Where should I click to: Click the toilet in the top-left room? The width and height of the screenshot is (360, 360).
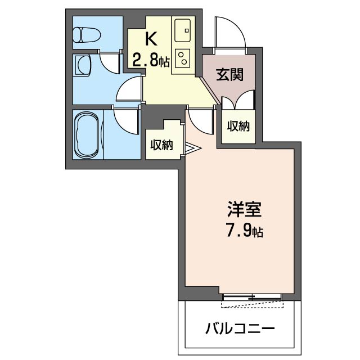87,34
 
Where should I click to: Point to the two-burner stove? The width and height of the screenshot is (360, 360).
183,58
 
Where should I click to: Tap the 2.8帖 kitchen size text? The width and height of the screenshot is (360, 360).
151,59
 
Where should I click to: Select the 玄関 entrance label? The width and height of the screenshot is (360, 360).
230,74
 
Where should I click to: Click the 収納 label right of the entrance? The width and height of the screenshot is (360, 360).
238,126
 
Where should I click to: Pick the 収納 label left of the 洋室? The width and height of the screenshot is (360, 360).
161,145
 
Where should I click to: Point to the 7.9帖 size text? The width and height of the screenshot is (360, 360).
243,231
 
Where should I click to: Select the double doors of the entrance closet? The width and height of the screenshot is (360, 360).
236,103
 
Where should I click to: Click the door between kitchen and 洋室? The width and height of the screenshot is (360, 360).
199,119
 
